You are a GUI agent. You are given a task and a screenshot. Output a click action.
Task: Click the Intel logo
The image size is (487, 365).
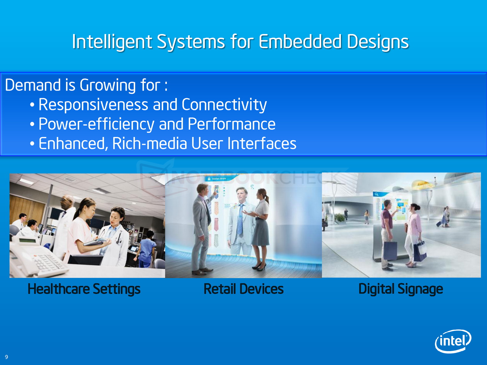(x=453, y=341)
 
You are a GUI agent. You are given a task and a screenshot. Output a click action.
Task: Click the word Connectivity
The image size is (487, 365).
(x=224, y=105)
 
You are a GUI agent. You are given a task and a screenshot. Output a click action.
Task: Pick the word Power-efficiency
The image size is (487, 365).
(x=96, y=124)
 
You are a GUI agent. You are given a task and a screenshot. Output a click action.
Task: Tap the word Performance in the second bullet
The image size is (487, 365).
(x=232, y=124)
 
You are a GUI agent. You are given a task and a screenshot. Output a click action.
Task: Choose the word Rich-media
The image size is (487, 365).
(x=149, y=143)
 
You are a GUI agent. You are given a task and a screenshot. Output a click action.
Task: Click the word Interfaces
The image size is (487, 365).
(x=262, y=143)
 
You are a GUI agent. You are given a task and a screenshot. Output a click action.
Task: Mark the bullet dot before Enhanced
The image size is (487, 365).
(x=32, y=144)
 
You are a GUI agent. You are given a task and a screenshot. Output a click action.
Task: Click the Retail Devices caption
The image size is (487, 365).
(x=243, y=289)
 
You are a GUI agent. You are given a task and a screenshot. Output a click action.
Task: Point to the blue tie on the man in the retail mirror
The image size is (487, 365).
(x=240, y=219)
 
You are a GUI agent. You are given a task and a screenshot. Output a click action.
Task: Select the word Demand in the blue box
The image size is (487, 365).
(x=33, y=85)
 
